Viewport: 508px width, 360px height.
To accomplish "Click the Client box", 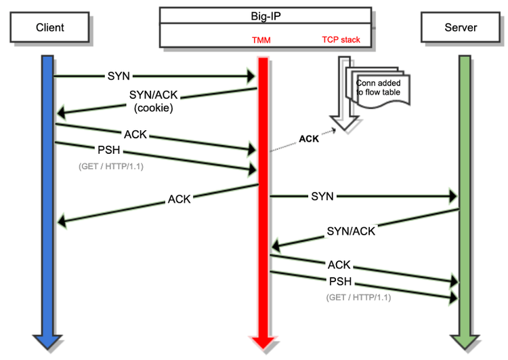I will point(49,28).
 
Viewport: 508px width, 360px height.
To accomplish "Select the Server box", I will point(459,28).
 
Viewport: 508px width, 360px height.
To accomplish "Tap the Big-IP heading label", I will point(265,14).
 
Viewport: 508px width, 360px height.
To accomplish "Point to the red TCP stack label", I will point(341,40).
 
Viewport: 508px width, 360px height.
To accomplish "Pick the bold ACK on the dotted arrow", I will point(310,139).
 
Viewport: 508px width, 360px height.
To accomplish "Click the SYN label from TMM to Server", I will point(322,196).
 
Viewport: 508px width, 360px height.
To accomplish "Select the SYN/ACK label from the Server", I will point(351,231).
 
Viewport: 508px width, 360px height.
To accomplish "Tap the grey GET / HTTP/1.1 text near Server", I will point(358,297).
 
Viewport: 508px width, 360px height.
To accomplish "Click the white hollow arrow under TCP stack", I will point(348,95).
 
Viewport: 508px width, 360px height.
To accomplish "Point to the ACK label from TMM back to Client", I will point(179,199).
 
